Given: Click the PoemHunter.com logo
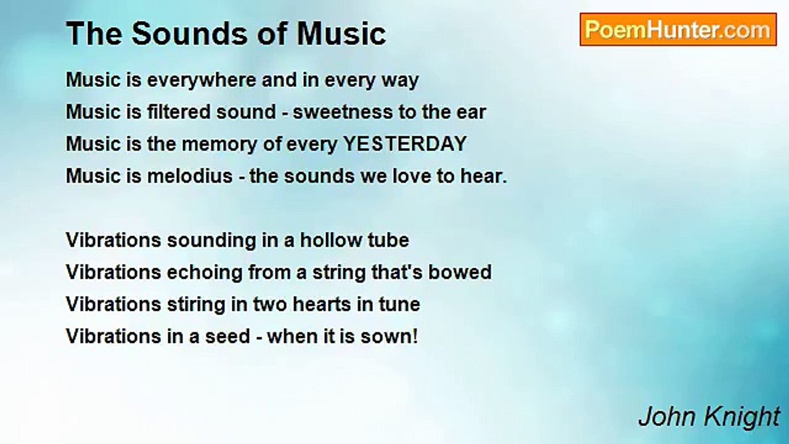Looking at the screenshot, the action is (x=678, y=30).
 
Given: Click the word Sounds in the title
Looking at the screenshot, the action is (x=190, y=33).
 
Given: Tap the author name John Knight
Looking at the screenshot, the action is (x=709, y=417).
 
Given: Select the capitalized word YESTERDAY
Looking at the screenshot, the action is (x=405, y=144).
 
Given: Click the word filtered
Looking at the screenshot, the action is (x=179, y=112).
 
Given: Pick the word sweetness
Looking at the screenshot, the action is (x=343, y=112).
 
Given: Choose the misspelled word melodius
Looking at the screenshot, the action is (x=190, y=176).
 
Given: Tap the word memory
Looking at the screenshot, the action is (x=219, y=144).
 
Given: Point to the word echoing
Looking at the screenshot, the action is (x=205, y=273).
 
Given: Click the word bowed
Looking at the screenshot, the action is (x=460, y=272).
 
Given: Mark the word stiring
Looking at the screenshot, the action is (x=196, y=305).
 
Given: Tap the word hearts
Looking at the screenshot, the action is (x=322, y=304).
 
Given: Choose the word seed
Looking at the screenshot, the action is (x=227, y=336).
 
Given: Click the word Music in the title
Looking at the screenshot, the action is (x=341, y=33).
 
